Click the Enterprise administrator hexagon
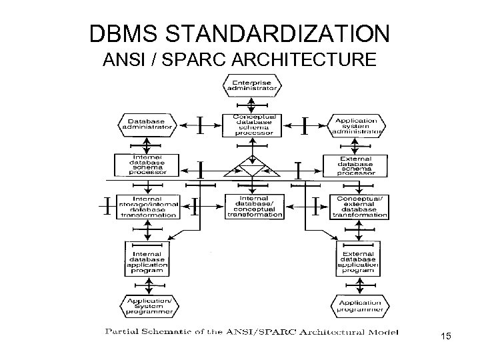click(x=252, y=85)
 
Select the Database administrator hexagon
click(x=146, y=124)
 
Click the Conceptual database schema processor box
click(x=252, y=125)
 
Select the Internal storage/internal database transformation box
click(x=147, y=206)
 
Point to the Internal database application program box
click(x=153, y=258)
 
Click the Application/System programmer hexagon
click(x=153, y=306)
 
